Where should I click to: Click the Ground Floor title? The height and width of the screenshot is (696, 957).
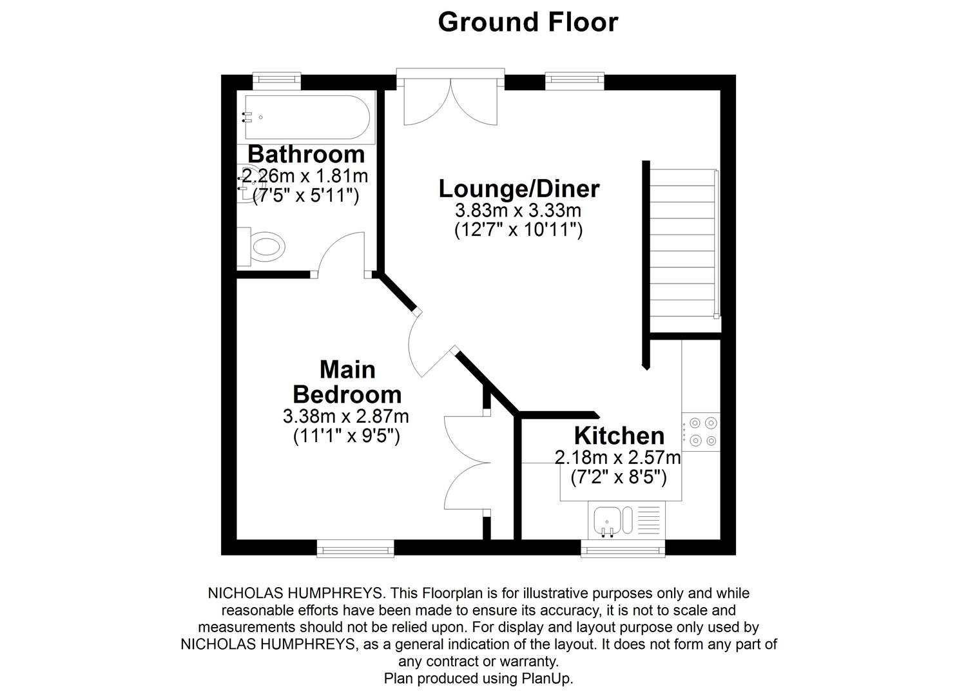pos(528,22)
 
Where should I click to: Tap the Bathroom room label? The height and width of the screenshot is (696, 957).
pos(306,154)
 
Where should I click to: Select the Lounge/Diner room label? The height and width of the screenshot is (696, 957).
pos(519,189)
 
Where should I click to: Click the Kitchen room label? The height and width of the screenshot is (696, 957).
pos(619,436)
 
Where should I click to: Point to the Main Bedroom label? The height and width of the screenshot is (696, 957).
pos(347,382)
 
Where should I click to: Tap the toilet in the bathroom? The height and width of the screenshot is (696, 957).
pos(264,247)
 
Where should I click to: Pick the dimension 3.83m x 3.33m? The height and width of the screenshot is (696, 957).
pos(518,210)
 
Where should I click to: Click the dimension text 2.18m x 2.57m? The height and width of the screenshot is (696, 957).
pos(617,458)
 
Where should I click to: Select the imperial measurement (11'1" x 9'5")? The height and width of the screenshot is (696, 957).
pos(347,436)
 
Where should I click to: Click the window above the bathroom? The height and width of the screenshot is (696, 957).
pos(276,81)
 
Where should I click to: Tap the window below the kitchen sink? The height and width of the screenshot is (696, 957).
pos(623,548)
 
